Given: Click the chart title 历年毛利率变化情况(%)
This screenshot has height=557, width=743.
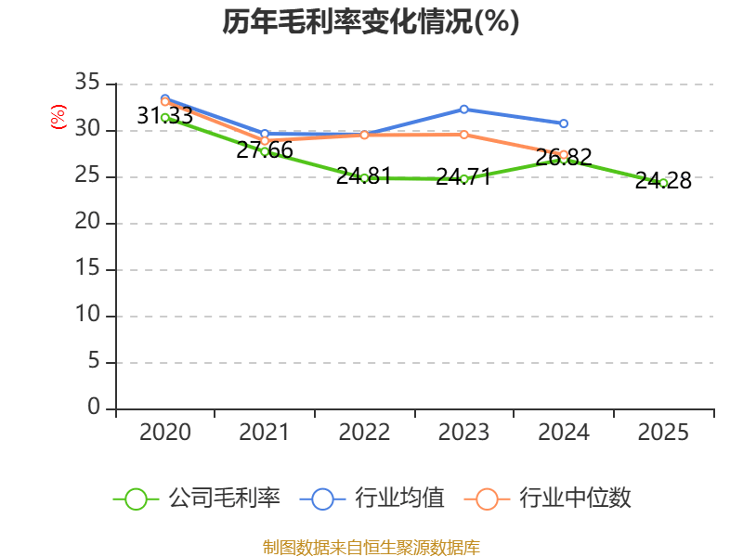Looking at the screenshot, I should click(371, 21).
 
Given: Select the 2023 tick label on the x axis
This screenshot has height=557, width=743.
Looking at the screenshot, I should click(463, 432).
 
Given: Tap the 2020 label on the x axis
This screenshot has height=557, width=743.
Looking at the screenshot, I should click(164, 432).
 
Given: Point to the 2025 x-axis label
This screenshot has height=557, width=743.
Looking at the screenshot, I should click(663, 432).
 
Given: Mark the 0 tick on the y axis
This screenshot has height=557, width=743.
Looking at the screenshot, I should click(93, 408).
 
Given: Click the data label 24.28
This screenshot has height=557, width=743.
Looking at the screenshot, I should click(663, 181).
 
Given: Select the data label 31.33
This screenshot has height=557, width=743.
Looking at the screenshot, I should click(164, 116).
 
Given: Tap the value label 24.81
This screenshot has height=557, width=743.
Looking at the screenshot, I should click(364, 176).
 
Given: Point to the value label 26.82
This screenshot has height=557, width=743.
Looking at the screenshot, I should click(564, 158).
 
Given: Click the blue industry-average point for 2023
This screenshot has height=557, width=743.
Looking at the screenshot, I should click(463, 109).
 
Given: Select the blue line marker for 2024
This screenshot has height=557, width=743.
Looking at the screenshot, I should click(564, 123).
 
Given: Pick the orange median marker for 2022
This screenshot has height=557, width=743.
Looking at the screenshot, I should click(364, 135).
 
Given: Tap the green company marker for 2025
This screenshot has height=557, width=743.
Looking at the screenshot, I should click(663, 183).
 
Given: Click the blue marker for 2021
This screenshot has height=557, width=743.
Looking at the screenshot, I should click(265, 134).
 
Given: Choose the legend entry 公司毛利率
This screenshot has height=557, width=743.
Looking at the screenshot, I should click(197, 499).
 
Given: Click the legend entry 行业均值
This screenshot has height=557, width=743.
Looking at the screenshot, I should click(371, 499).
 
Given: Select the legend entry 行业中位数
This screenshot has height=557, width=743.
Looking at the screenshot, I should click(554, 499).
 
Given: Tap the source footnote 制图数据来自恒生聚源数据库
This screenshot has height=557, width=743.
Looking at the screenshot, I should click(371, 547).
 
